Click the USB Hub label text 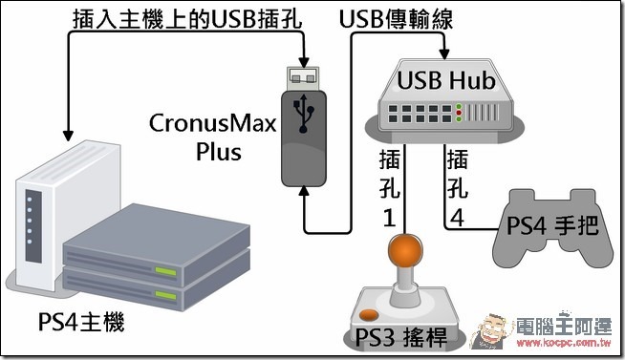(x=446, y=80)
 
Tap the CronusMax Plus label (x=213, y=137)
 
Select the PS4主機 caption (x=81, y=322)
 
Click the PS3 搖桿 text (x=401, y=337)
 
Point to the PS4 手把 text (x=552, y=225)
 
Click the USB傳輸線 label (x=396, y=19)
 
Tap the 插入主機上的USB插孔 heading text (x=187, y=19)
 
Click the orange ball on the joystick (x=405, y=249)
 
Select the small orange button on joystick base (x=369, y=314)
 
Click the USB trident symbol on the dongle (x=303, y=113)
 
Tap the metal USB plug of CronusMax (x=303, y=78)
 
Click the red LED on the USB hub (x=459, y=113)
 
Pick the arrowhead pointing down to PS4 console (x=69, y=135)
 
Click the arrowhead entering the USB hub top (x=444, y=54)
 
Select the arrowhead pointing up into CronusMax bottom (x=304, y=191)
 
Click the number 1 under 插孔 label (x=389, y=218)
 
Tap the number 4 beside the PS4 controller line (x=457, y=218)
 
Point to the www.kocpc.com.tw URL (x=564, y=343)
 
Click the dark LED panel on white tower (x=33, y=225)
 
